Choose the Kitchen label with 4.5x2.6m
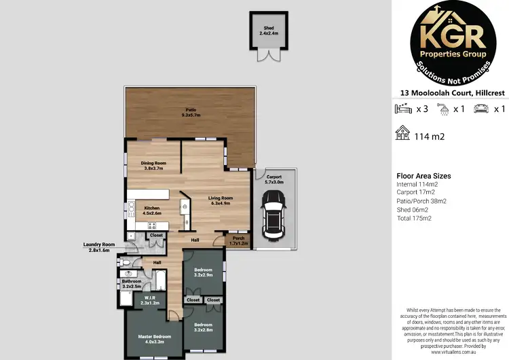click(x=151, y=211)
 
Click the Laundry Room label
click(x=99, y=247)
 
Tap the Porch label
click(x=238, y=240)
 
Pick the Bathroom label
click(x=132, y=284)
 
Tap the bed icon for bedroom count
click(x=402, y=109)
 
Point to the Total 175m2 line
click(x=415, y=218)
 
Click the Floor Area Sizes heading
click(x=423, y=176)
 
